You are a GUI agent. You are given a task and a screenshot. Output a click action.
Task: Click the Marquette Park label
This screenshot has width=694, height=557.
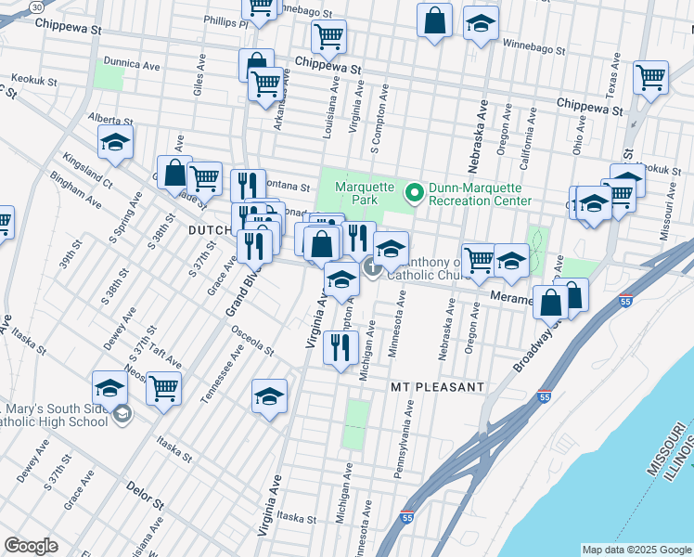click(353, 192)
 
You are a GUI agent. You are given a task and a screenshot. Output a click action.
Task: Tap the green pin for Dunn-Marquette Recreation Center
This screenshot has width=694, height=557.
click(414, 193)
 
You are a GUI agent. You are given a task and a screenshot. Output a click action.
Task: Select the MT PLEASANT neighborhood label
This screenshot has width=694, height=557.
click(436, 386)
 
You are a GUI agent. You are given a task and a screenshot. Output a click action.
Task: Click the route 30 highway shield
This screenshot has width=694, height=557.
click(36, 6)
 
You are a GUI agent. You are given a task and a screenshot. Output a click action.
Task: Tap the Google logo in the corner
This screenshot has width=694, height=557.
click(31, 546)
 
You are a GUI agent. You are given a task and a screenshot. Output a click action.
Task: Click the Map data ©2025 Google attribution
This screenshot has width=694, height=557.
click(636, 550)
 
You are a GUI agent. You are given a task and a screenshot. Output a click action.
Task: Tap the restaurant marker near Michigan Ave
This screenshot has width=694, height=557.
click(341, 347)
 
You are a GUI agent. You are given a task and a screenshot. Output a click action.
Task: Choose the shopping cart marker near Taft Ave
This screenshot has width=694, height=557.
click(164, 387)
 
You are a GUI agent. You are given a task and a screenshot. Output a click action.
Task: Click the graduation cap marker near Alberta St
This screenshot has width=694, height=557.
click(115, 141)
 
